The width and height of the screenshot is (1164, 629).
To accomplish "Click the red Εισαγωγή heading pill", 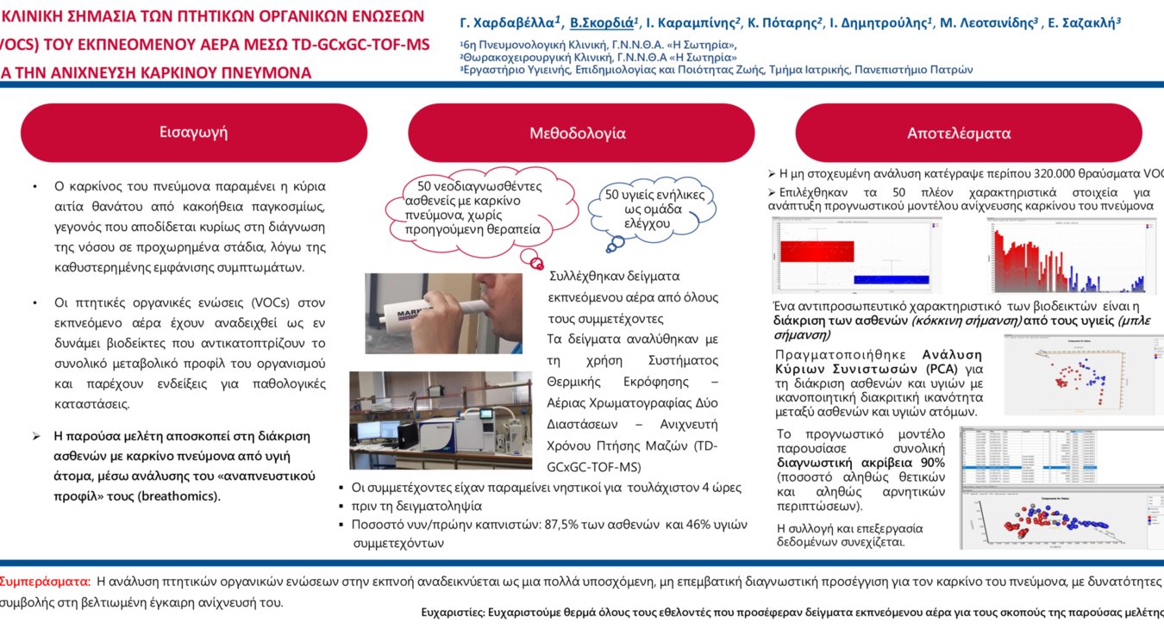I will click(x=193, y=133).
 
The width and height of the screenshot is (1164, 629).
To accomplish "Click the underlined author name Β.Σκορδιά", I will click(x=604, y=23).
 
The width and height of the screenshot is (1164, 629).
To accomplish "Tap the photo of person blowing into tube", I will click(x=443, y=313).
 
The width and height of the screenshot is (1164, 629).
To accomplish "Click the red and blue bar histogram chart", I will click(x=1069, y=257).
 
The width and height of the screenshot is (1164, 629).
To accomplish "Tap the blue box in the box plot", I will click(x=891, y=279).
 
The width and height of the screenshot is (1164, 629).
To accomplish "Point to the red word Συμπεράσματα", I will click(x=45, y=582).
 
